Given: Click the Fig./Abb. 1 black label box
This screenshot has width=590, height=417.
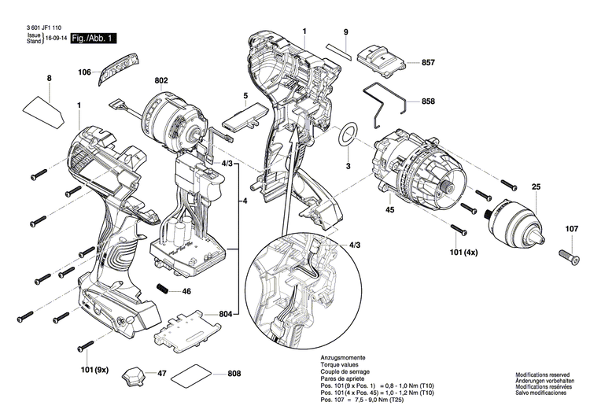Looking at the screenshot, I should coord(94,38).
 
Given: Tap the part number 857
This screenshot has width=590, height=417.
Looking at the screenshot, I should coord(428,62).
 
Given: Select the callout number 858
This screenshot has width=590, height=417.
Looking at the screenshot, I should coord(428,102).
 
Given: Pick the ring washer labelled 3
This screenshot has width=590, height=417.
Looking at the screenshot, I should coord(347,134).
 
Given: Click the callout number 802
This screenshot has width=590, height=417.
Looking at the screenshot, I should coord(161,80).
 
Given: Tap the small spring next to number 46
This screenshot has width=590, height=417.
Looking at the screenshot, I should coord(164,290).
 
